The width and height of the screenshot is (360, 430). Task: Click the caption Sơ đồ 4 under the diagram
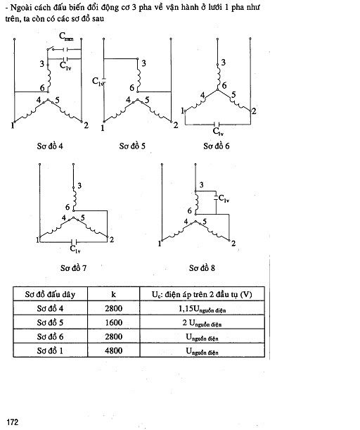[x=50, y=146]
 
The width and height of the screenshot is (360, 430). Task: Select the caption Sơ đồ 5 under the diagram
[x=132, y=146]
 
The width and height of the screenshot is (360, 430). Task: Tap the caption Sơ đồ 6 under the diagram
[x=216, y=146]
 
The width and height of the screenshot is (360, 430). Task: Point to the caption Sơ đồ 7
[x=73, y=268]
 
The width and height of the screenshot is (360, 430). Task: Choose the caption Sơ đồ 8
[x=202, y=268]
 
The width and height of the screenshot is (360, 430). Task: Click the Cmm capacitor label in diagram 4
[x=66, y=37]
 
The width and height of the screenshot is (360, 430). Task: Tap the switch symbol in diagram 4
[x=50, y=49]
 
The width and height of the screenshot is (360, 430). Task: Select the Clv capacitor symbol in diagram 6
[x=218, y=125]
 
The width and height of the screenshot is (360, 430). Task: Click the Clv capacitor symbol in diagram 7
[x=74, y=242]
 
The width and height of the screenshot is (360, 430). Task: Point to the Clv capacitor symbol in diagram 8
[x=216, y=198]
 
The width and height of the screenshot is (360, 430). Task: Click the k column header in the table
[x=113, y=294]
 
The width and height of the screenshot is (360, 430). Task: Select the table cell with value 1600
[x=113, y=322]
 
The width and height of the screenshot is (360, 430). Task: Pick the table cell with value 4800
[x=113, y=350]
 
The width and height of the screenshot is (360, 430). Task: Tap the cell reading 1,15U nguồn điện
[x=202, y=308]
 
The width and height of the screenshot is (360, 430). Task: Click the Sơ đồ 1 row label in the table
[x=50, y=350]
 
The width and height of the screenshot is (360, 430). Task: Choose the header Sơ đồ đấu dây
[x=50, y=294]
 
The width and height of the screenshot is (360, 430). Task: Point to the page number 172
[x=13, y=422]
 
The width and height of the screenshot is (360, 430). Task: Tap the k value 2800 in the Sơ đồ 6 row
[x=113, y=336]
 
